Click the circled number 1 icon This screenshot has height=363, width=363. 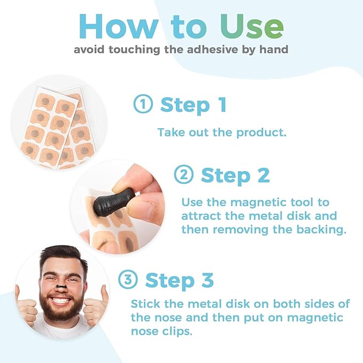pyautogui.click(x=143, y=105)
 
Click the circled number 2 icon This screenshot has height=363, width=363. pyautogui.click(x=184, y=175)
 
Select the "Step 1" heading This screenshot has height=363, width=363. pyautogui.click(x=194, y=105)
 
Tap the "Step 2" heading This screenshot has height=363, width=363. pyautogui.click(x=235, y=175)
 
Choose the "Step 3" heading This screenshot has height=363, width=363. pyautogui.click(x=180, y=280)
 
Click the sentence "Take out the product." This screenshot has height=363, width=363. pyautogui.click(x=222, y=132)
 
